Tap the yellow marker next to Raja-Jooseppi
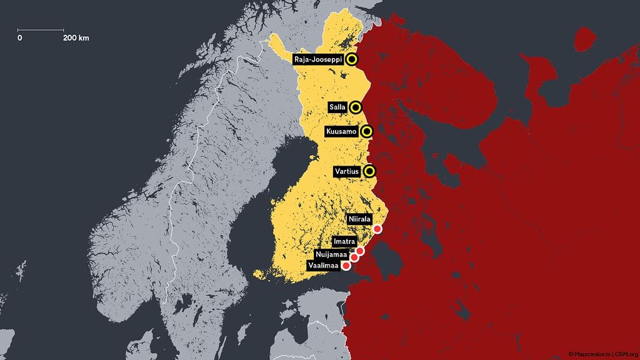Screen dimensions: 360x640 pos(351,59)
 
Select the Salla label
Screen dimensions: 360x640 pos(337,107)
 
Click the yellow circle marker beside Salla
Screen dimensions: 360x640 pos(356,107)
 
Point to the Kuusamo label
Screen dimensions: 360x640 pos(341,132)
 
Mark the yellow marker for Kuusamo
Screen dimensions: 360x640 pos(367,132)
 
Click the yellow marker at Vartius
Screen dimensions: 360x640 pos(370,171)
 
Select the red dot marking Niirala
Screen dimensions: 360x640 pos(377,229)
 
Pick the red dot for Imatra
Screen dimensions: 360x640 pos(360,251)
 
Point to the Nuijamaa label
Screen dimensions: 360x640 pos(331,254)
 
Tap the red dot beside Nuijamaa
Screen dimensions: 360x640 pos(354,257)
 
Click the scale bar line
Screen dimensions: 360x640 pos(41,29)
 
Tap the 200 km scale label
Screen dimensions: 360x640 pos(76,38)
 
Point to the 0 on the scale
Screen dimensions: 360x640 pos(20,38)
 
